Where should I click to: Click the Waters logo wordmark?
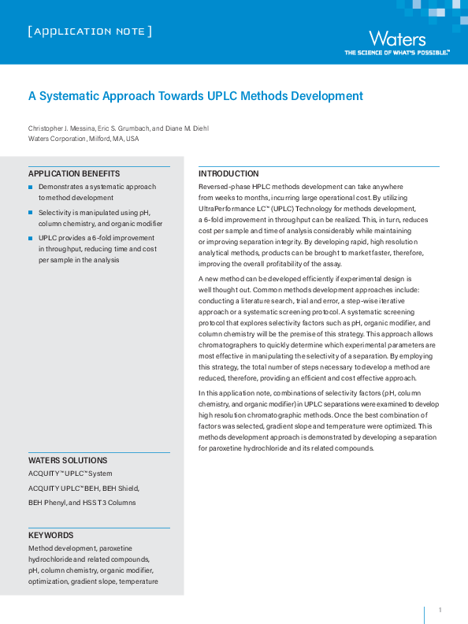(397, 39)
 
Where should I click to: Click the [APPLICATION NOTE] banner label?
(89, 32)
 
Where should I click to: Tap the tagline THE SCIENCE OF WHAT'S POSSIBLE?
(397, 53)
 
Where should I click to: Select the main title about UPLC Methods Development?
(195, 96)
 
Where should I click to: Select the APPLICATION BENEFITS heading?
(74, 173)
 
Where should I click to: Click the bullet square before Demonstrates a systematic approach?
(31, 187)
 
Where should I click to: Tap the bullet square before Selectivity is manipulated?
(31, 213)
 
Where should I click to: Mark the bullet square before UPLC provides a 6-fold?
(31, 238)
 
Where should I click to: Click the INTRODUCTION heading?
(228, 173)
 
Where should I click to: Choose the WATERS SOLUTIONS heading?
(68, 460)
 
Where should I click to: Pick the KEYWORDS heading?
(51, 535)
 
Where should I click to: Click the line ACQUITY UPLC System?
(70, 474)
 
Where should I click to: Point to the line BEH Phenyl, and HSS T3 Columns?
(82, 502)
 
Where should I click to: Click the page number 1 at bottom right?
(440, 611)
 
